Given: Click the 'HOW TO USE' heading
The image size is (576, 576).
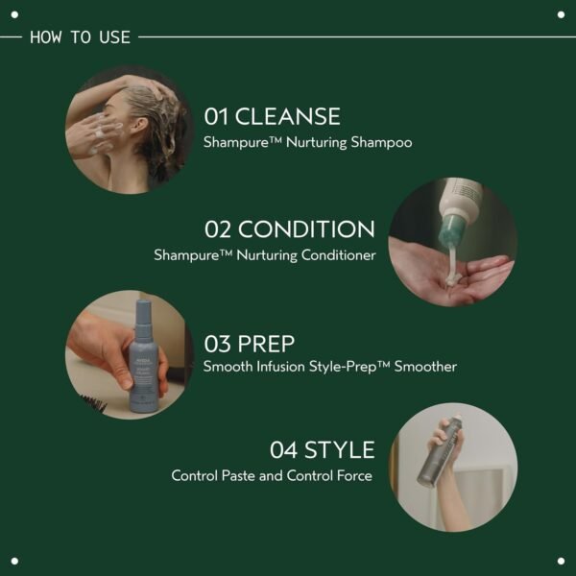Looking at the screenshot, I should point(81,37).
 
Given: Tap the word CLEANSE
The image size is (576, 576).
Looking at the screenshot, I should point(287,117).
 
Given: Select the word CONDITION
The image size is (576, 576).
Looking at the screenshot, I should point(306,229).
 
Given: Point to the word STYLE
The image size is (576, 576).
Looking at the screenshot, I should point(339,450).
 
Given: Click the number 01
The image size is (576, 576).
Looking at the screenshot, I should point(217,117).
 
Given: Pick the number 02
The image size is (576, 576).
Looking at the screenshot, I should point(219,229).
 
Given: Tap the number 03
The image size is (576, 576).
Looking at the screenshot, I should point(218,343).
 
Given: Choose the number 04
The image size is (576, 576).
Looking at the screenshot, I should point(284,450).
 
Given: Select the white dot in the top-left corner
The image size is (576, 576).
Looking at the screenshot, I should point(14,14).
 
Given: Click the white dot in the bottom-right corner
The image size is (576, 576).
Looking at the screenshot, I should point(561,561).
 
